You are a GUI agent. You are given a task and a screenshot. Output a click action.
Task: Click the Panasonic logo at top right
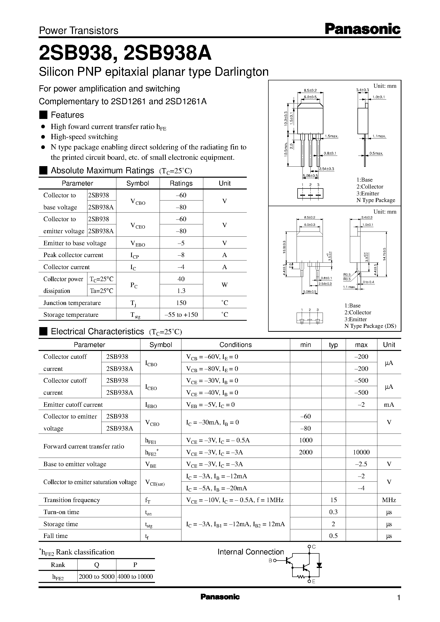[x=362, y=29]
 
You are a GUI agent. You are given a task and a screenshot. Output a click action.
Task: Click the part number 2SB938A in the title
[x=167, y=53]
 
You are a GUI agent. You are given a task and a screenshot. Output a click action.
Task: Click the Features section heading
[x=67, y=115]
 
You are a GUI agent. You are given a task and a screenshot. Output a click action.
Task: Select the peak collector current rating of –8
[x=181, y=255]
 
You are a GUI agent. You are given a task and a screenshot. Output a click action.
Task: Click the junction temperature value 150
[x=181, y=303]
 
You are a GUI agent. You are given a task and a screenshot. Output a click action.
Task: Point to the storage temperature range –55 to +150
[x=181, y=315]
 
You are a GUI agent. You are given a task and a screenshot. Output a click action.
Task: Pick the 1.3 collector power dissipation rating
[x=181, y=291]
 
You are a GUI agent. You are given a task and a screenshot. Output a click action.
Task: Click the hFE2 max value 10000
[x=361, y=452]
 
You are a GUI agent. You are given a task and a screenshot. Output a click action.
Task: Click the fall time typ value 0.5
[x=333, y=535]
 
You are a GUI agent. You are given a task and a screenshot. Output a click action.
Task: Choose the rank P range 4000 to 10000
[x=135, y=577]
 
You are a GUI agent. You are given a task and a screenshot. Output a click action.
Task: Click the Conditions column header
[x=235, y=345]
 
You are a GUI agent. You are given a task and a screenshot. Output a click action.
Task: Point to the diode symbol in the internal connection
[x=319, y=565]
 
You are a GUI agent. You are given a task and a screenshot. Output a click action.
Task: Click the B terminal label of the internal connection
[x=270, y=561]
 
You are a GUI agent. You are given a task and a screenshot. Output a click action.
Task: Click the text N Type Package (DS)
[x=370, y=326]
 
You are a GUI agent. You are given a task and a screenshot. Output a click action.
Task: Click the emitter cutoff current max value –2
[x=361, y=405]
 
